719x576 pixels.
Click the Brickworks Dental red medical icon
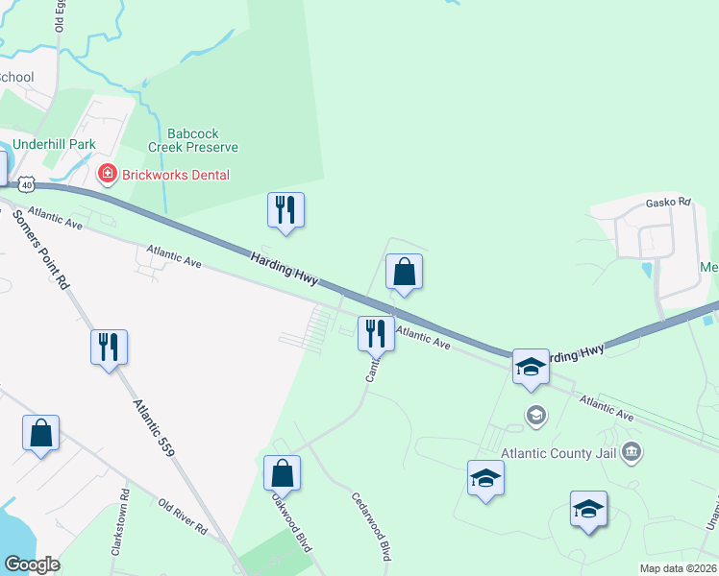pos(107,174)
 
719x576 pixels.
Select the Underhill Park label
pos(49,144)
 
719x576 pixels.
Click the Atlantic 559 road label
pos(154,426)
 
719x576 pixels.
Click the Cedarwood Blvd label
pos(371,526)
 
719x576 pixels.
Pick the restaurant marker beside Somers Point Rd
pos(109,347)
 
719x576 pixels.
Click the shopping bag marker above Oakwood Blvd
pos(282,473)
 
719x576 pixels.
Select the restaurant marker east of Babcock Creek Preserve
pos(285,209)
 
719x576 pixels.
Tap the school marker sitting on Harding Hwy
pos(530,367)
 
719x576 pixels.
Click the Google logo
pos(32,564)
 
